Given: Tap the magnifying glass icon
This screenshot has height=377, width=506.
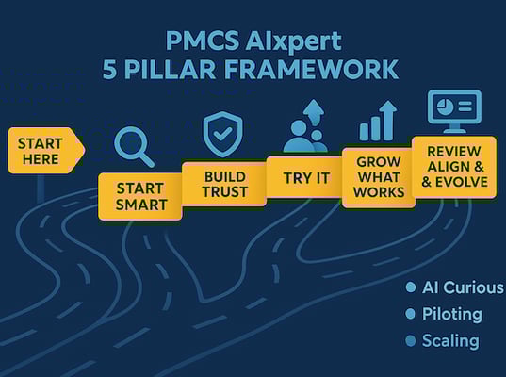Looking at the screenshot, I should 133,146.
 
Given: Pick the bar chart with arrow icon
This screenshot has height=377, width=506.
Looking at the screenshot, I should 376,123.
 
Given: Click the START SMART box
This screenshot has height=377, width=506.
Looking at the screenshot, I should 141,196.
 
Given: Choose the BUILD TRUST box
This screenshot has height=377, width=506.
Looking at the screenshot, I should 224,184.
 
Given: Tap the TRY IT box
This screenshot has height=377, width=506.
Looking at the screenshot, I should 303,176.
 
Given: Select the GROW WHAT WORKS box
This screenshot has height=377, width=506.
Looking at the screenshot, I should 378,177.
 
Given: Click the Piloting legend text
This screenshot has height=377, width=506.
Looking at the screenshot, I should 451,314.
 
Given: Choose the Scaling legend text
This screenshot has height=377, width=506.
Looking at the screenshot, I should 450,340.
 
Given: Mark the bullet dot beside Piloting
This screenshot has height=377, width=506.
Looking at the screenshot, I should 410,314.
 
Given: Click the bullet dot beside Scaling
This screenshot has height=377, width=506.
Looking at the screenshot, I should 410,340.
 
